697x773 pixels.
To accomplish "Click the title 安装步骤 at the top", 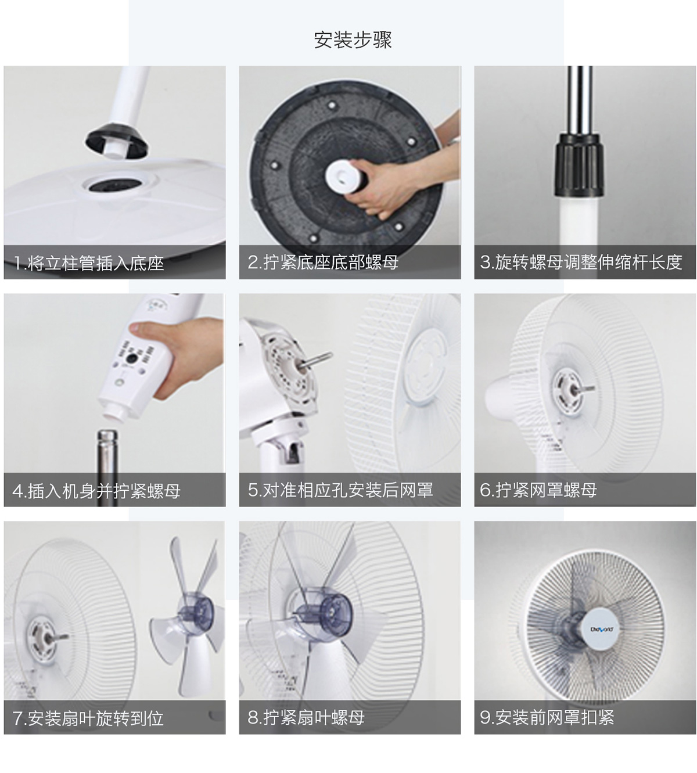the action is [x=353, y=39].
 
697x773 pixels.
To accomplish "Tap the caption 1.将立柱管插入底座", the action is [x=89, y=263].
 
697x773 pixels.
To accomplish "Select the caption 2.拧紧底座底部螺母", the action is [x=323, y=263].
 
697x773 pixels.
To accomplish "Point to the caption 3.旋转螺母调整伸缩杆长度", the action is [x=581, y=263].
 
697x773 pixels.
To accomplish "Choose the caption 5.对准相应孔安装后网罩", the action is [x=340, y=490].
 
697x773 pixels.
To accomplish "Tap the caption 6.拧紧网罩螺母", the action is [x=538, y=490].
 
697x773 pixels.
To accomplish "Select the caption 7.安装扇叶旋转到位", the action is [x=88, y=718].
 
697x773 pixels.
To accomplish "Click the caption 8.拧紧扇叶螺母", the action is [x=306, y=717].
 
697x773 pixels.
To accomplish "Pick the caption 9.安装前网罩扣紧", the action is [x=547, y=717].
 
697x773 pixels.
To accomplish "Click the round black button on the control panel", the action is [x=132, y=359].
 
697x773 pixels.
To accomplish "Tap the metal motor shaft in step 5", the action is [x=315, y=359].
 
